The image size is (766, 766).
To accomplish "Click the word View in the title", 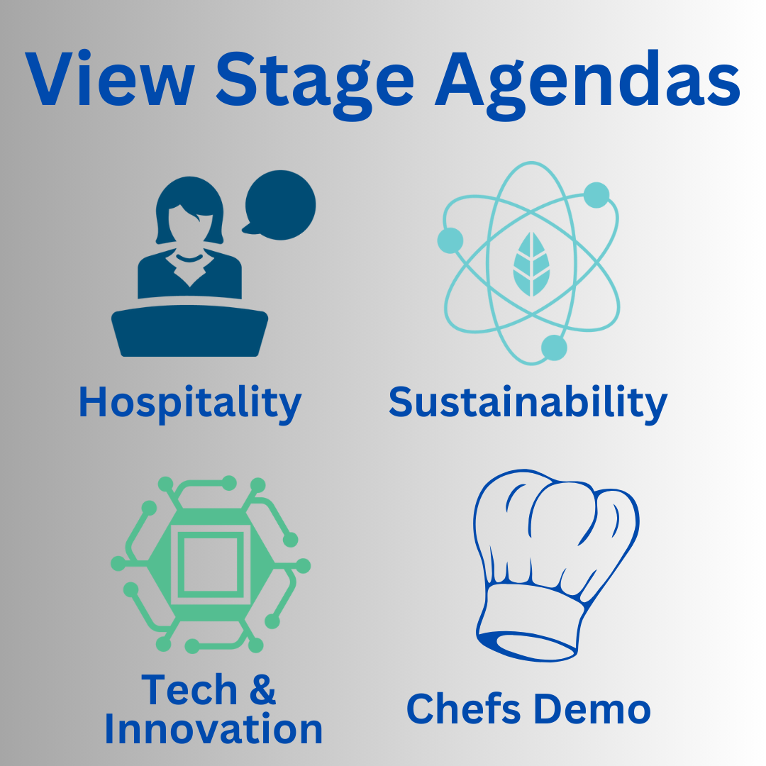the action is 110,78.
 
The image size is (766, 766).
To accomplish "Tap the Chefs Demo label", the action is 528,709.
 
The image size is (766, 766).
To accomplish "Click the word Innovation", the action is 213,729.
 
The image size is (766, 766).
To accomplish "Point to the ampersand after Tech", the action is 263,689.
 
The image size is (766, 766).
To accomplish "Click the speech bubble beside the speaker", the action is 280,205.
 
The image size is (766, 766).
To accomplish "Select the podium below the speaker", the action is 189,331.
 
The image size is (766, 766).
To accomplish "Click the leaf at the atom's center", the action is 531,264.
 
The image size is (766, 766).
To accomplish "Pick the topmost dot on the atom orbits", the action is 596,195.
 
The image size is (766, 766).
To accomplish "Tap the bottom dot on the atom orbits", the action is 554,348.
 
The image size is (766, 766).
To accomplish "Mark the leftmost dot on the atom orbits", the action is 450,240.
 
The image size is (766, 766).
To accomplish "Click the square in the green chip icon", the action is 211,565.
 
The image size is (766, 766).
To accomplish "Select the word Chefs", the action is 463,709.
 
